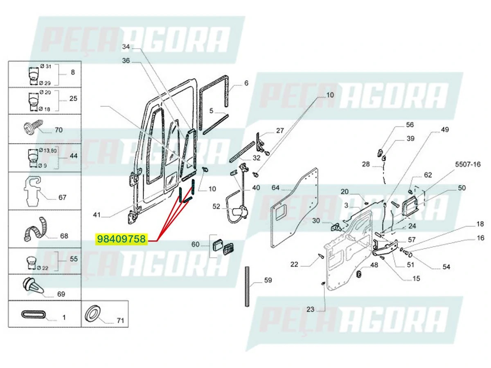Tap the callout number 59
(x=268, y=280)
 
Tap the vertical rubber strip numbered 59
(x=247, y=286)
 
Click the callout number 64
(x=276, y=188)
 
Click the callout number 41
(x=97, y=215)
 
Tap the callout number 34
(x=126, y=47)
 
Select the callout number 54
(x=446, y=267)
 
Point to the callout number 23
(x=310, y=309)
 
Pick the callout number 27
(x=280, y=131)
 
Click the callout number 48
(x=374, y=265)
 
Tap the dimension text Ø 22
(x=42, y=268)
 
